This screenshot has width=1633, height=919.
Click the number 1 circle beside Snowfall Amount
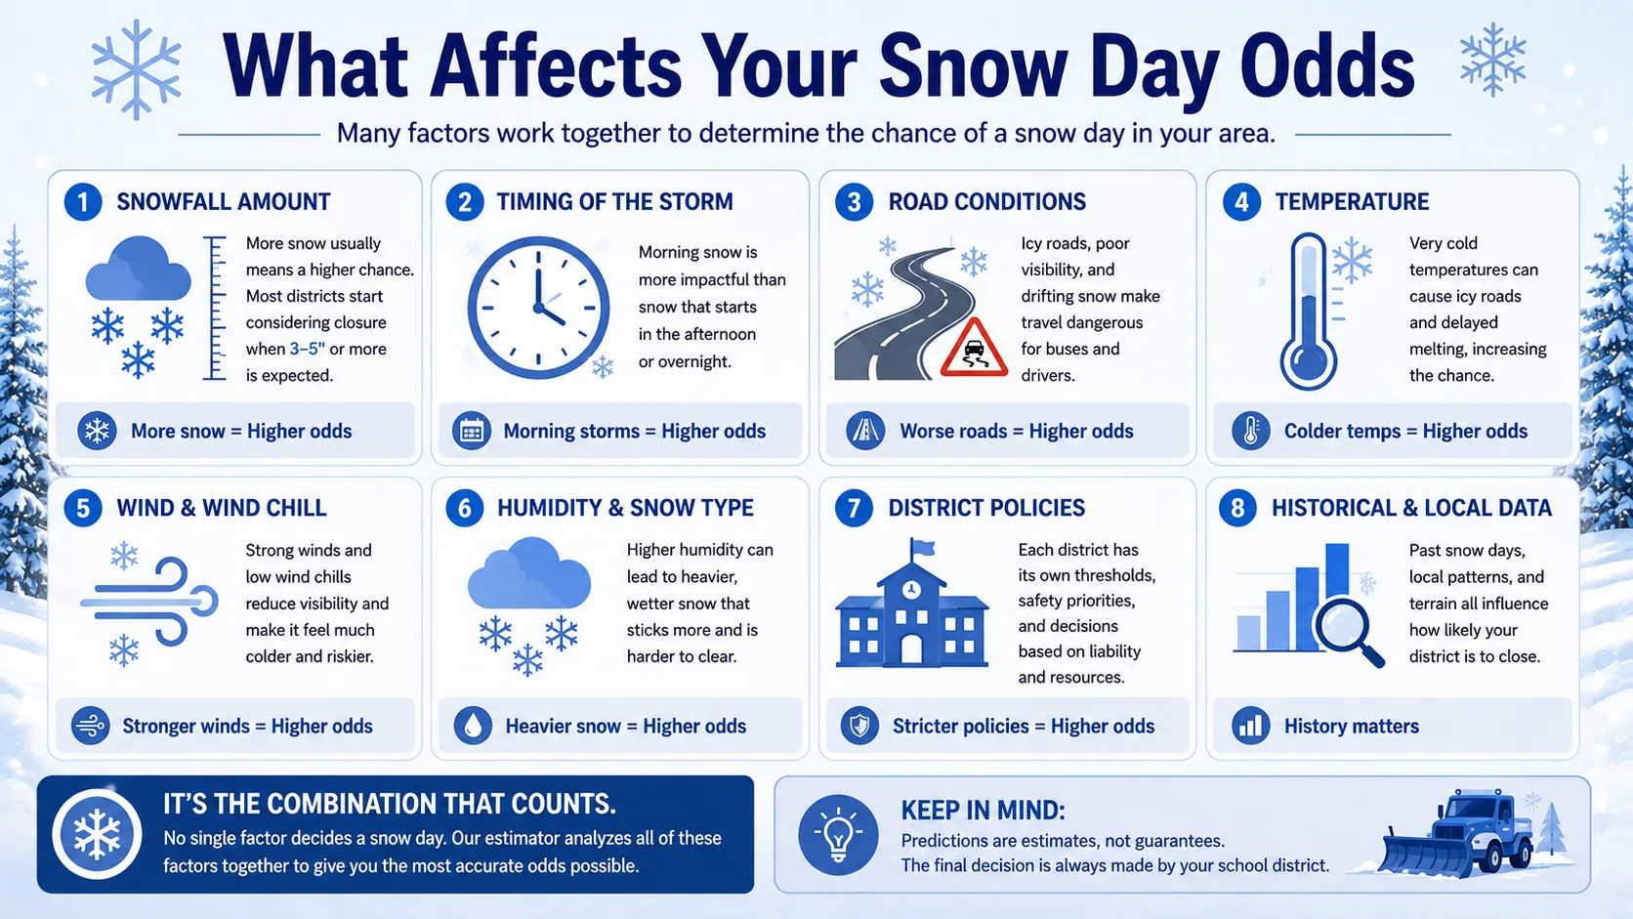(x=83, y=202)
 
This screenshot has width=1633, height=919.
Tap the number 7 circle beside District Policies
(x=854, y=508)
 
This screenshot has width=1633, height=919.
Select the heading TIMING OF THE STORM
(x=614, y=202)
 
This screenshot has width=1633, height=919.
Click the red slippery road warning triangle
(x=974, y=349)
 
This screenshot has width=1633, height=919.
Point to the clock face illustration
(x=539, y=308)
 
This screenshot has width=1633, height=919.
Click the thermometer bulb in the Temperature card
(x=1309, y=362)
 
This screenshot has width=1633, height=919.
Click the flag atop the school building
(x=922, y=547)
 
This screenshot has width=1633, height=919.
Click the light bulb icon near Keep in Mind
(x=838, y=834)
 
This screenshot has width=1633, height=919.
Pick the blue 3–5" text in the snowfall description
(x=307, y=349)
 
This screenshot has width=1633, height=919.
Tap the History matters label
(x=1351, y=726)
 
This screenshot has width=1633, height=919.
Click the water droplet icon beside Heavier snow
(x=473, y=726)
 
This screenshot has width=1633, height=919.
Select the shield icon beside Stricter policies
(x=859, y=726)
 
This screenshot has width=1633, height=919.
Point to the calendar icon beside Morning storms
(x=472, y=431)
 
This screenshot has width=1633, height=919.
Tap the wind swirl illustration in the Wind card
(x=149, y=602)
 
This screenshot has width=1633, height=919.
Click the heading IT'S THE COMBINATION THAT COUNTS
(x=390, y=804)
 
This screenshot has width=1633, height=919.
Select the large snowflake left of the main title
(x=137, y=70)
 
